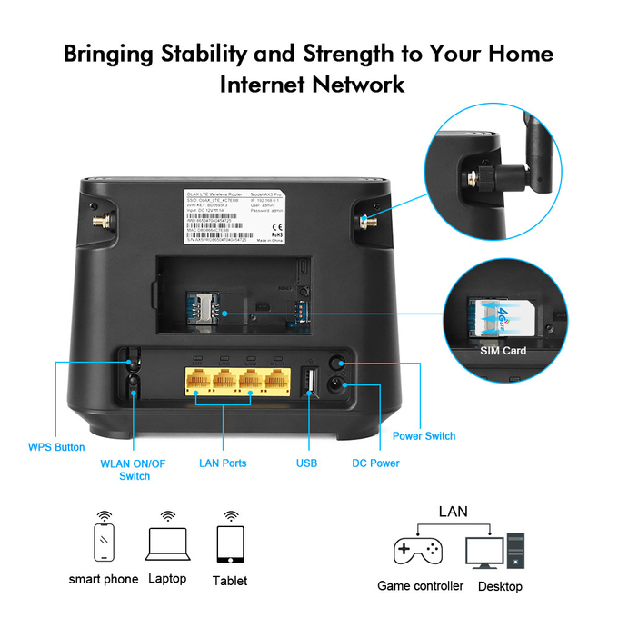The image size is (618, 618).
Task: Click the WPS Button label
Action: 56,447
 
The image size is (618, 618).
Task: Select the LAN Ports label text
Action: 223,463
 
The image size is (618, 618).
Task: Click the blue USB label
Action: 306,463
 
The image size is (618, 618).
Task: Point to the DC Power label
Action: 375,463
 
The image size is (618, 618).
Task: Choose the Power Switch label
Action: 424,436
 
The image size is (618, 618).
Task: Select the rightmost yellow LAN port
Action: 275,381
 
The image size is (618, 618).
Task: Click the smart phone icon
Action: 104,543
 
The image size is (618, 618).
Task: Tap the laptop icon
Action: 166,543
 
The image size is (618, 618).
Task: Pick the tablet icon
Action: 229,545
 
